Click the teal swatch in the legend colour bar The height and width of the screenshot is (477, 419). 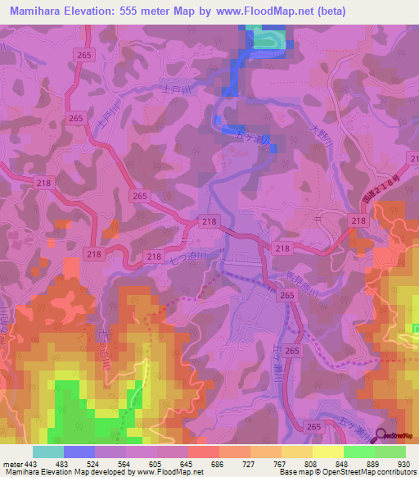pos(47,451)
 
